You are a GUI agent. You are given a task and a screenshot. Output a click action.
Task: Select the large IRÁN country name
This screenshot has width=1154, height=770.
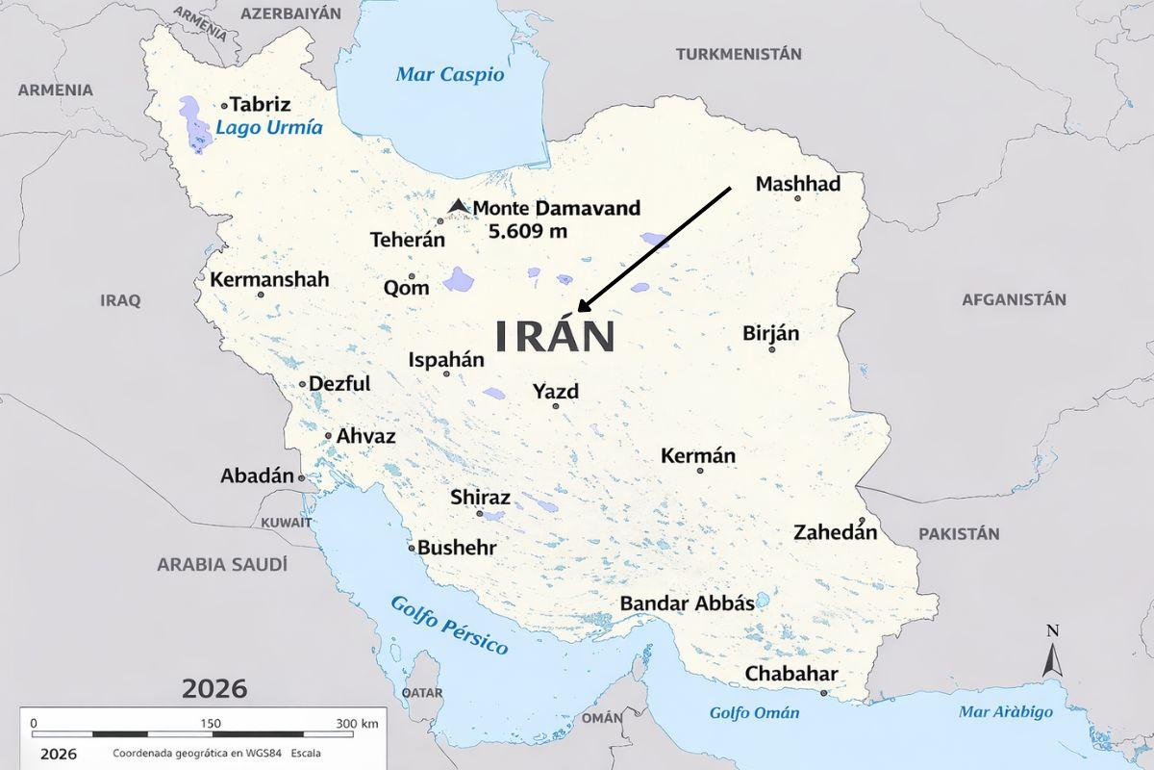click(555, 337)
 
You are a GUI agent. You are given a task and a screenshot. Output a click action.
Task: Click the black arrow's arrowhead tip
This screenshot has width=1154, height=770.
click(579, 309)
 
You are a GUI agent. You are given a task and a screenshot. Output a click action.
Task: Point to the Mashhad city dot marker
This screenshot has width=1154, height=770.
click(797, 198)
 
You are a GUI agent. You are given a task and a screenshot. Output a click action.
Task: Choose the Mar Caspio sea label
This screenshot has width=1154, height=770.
click(449, 75)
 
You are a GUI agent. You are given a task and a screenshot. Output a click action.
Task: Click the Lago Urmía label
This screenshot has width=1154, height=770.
click(268, 128)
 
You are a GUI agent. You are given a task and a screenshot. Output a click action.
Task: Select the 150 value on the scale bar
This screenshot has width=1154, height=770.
click(211, 723)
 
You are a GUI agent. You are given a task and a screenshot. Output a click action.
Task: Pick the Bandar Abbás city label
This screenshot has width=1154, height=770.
click(687, 603)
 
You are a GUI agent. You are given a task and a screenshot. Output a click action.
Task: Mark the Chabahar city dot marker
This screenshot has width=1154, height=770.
click(824, 692)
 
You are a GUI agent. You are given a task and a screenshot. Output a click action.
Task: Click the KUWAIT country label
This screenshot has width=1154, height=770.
click(287, 523)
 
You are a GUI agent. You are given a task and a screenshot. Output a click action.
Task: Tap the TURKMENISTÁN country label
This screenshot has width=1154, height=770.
click(739, 54)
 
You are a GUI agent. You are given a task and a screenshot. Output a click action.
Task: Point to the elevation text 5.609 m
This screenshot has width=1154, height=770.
click(527, 231)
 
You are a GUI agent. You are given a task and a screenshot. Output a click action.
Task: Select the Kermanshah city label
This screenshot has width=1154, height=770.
click(269, 280)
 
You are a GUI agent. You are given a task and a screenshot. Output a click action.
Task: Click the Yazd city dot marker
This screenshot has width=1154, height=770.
click(555, 406)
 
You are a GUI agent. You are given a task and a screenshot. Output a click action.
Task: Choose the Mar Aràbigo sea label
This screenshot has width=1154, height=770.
click(1005, 712)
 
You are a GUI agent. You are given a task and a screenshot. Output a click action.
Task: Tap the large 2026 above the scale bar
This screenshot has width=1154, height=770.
click(213, 689)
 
